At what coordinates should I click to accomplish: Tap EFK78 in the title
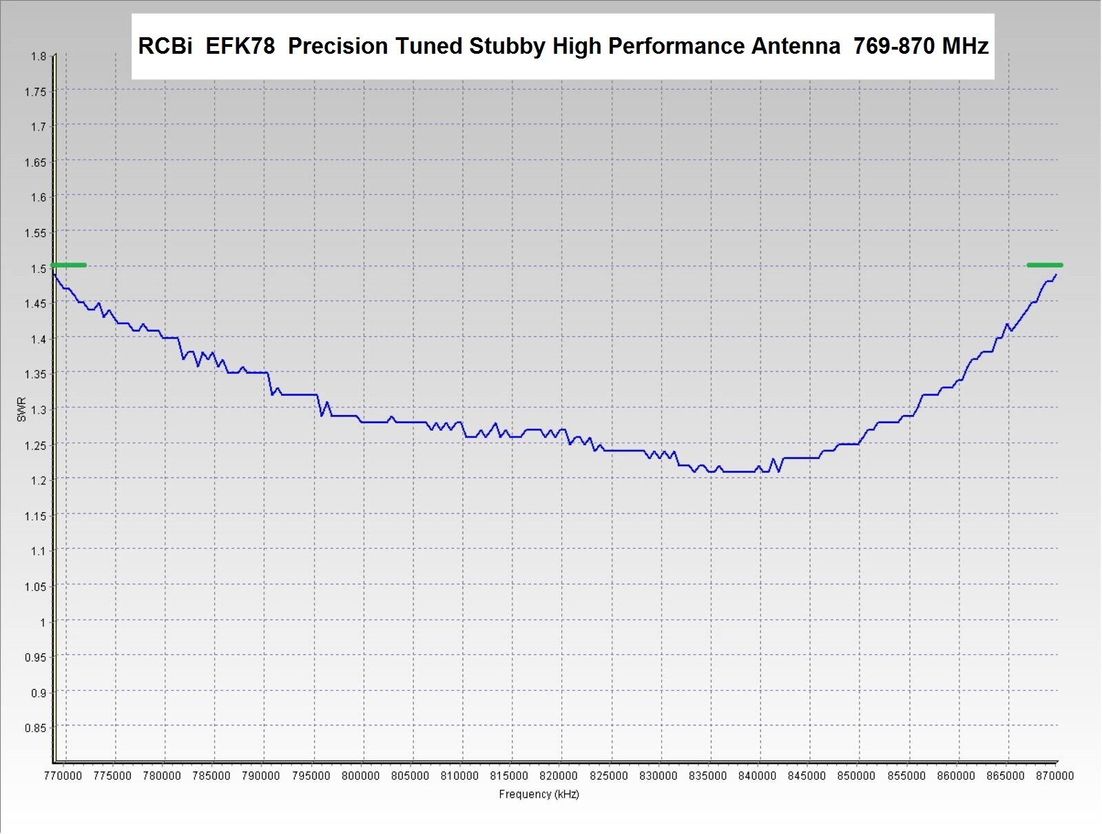[x=240, y=47]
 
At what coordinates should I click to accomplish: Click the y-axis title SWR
[x=21, y=409]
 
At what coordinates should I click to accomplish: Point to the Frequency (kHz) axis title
[x=539, y=794]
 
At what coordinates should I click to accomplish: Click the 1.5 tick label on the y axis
[x=39, y=268]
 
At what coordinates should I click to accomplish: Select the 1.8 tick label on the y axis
[x=39, y=57]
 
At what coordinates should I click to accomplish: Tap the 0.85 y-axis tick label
[x=36, y=728]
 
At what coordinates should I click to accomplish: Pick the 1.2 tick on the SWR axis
[x=39, y=480]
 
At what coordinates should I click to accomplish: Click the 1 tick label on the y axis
[x=43, y=622]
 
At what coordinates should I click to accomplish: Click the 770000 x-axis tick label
[x=63, y=776]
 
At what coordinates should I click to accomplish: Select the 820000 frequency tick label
[x=559, y=776]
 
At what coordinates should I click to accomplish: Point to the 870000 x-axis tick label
[x=1055, y=776]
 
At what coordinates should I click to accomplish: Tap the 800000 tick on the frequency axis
[x=360, y=776]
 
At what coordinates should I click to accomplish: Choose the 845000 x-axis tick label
[x=807, y=776]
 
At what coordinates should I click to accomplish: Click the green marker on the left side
[x=68, y=265]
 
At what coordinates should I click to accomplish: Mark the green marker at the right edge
[x=1044, y=265]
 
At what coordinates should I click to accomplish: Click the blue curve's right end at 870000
[x=1055, y=275]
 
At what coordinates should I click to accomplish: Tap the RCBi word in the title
[x=165, y=47]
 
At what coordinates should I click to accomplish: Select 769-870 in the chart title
[x=893, y=47]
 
